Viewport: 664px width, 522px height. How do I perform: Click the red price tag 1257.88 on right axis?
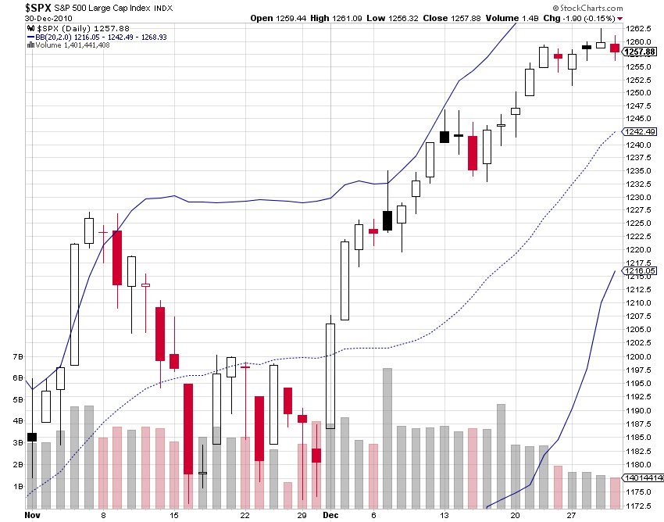point(638,52)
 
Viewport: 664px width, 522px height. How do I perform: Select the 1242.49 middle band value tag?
point(640,131)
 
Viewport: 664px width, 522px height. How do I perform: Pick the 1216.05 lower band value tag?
point(640,271)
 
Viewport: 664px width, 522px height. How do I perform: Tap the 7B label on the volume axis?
point(17,356)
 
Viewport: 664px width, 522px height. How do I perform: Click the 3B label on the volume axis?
point(17,443)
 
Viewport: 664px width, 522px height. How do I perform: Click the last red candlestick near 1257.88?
point(615,48)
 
